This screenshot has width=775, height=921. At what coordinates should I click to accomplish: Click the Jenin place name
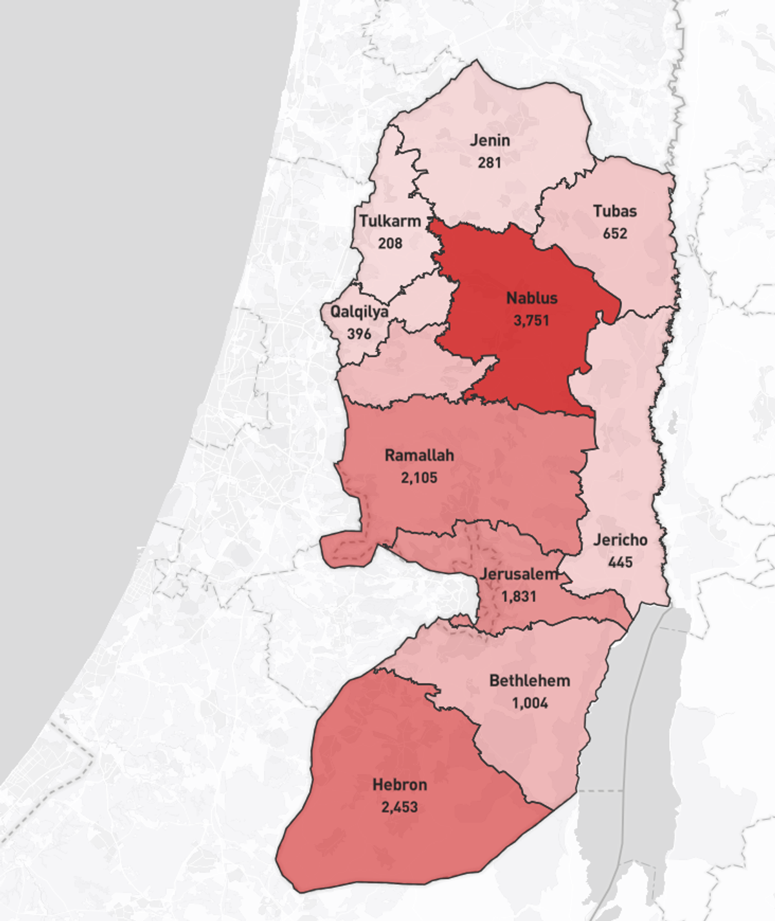[490, 140]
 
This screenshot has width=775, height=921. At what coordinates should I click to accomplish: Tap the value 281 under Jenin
[490, 162]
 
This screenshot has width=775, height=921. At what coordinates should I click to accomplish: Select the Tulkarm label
[390, 221]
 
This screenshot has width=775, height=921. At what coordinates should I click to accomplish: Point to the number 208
[390, 243]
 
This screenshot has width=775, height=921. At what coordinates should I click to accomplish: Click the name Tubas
[615, 211]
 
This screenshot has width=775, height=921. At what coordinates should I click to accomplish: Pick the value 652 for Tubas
[615, 233]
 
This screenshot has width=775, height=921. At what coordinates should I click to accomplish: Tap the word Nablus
[532, 298]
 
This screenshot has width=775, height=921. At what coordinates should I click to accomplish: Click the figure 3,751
[532, 320]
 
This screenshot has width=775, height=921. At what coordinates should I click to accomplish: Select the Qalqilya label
[360, 311]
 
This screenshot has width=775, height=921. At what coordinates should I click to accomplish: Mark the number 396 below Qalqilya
[359, 334]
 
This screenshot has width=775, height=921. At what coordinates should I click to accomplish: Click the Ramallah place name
[419, 455]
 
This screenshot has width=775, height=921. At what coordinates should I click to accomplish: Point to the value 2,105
[419, 478]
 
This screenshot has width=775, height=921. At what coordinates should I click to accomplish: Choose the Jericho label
[620, 540]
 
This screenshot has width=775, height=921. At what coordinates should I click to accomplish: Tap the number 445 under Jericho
[620, 563]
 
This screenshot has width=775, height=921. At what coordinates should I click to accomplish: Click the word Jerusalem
[519, 574]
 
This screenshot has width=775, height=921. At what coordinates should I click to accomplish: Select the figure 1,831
[519, 596]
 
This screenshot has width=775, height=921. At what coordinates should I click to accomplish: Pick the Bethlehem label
[530, 681]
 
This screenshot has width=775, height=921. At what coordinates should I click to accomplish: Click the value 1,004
[530, 703]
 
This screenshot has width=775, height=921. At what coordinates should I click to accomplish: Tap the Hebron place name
[400, 785]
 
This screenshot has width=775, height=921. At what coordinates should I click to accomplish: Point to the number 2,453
[400, 807]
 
